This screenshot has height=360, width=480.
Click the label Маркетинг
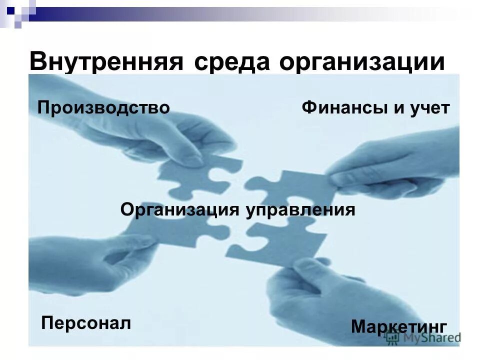398,326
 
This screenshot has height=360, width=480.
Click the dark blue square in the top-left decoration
10,8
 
